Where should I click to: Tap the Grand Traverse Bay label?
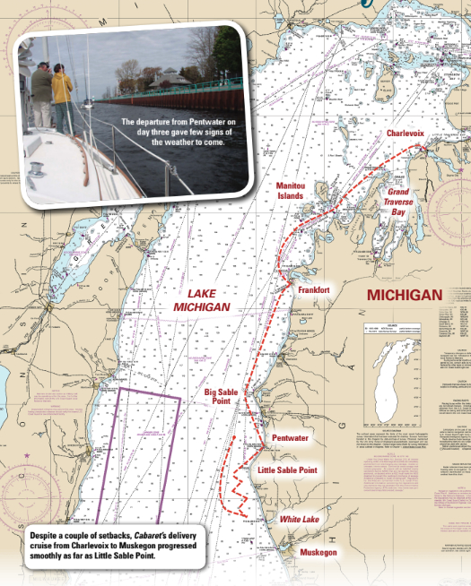pyautogui.click(x=398, y=203)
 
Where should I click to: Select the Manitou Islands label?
pyautogui.click(x=291, y=190)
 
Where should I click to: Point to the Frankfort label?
pyautogui.click(x=314, y=290)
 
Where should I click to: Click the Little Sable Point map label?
pyautogui.click(x=287, y=470)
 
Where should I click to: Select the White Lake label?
pyautogui.click(x=299, y=520)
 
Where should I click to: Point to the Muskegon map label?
pyautogui.click(x=318, y=552)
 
